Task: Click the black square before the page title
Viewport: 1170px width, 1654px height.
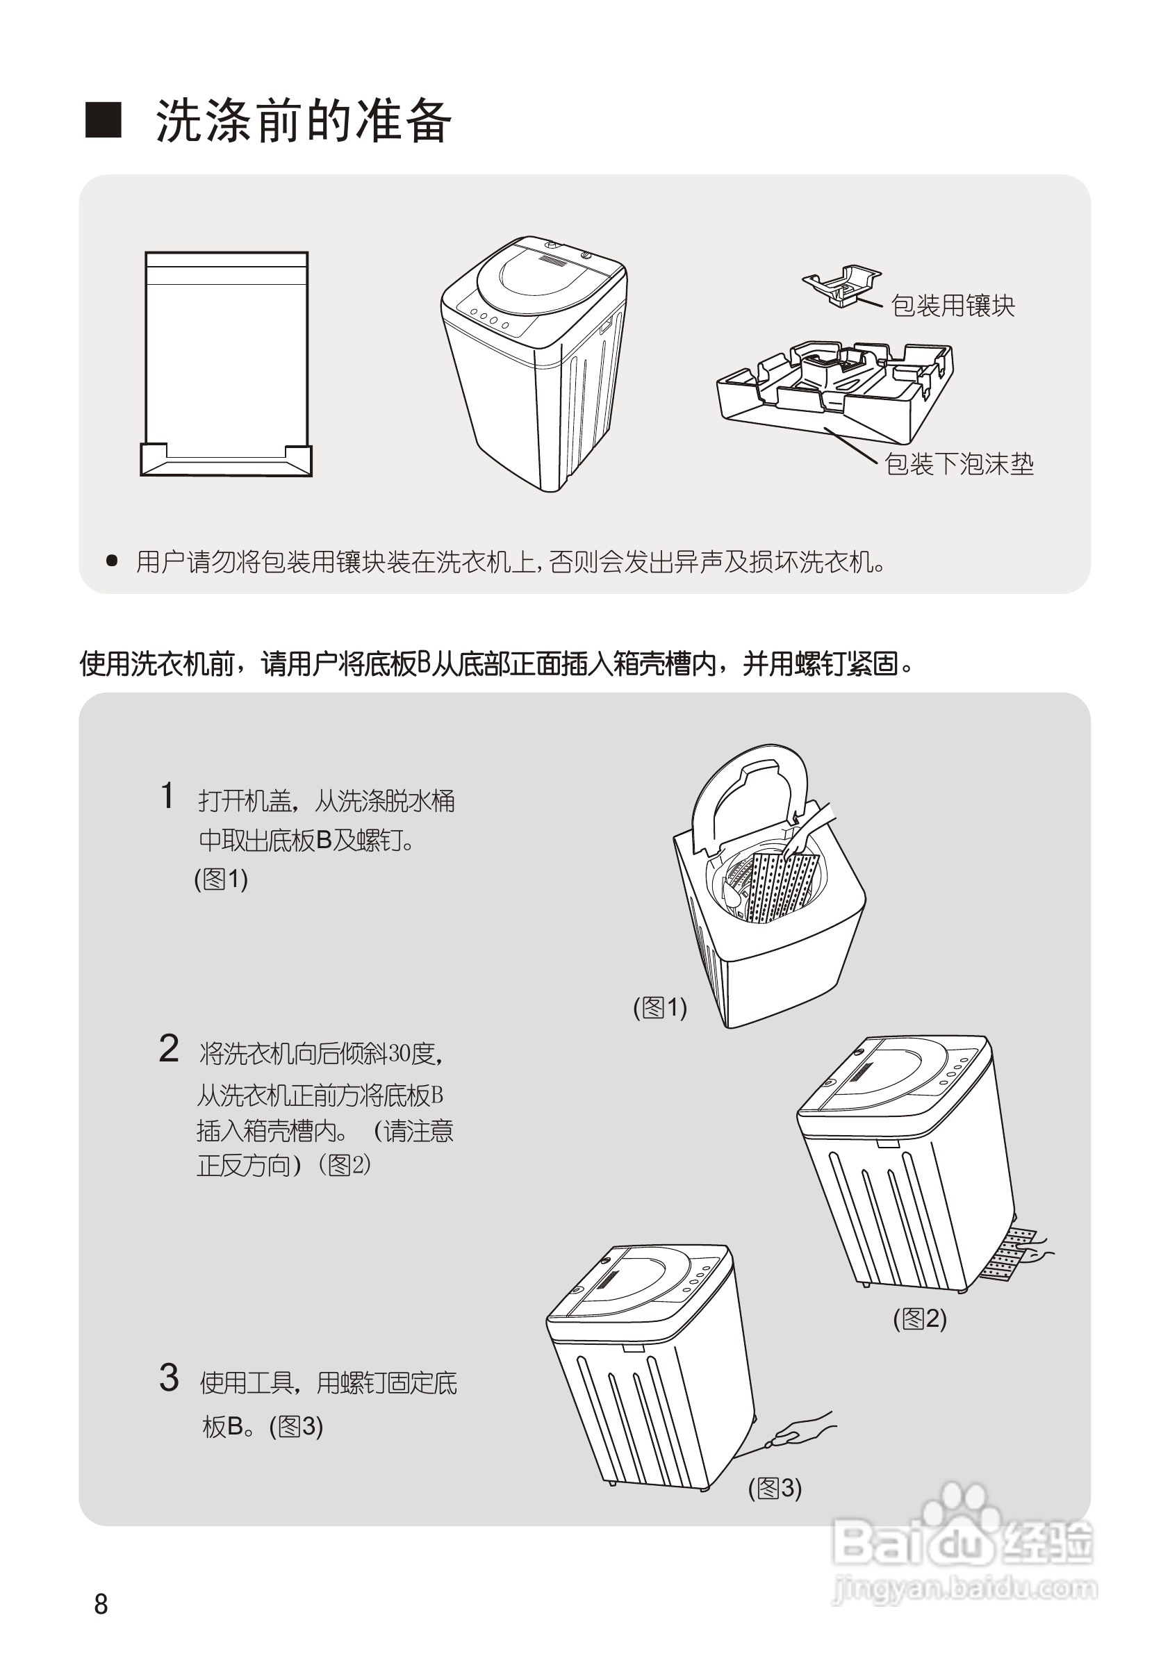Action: (104, 119)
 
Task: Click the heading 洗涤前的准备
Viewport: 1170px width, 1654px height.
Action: (304, 120)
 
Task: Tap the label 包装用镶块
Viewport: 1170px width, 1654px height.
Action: (953, 306)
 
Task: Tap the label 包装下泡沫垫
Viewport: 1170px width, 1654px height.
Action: (959, 464)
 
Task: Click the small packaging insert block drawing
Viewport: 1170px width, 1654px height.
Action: (841, 286)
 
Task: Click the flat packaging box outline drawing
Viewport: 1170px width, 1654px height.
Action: (226, 364)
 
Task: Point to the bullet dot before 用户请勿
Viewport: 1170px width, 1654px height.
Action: (112, 561)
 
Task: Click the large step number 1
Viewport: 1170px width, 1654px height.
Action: (167, 797)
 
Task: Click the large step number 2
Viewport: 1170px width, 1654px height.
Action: (169, 1049)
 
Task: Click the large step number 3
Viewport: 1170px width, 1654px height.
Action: (169, 1378)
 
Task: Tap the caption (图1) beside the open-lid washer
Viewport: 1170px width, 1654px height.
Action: (659, 1007)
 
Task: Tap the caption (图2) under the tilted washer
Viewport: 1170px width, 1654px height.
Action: (919, 1318)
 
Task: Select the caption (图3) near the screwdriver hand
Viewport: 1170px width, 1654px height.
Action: (775, 1487)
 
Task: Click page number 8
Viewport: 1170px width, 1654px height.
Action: (101, 1604)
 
